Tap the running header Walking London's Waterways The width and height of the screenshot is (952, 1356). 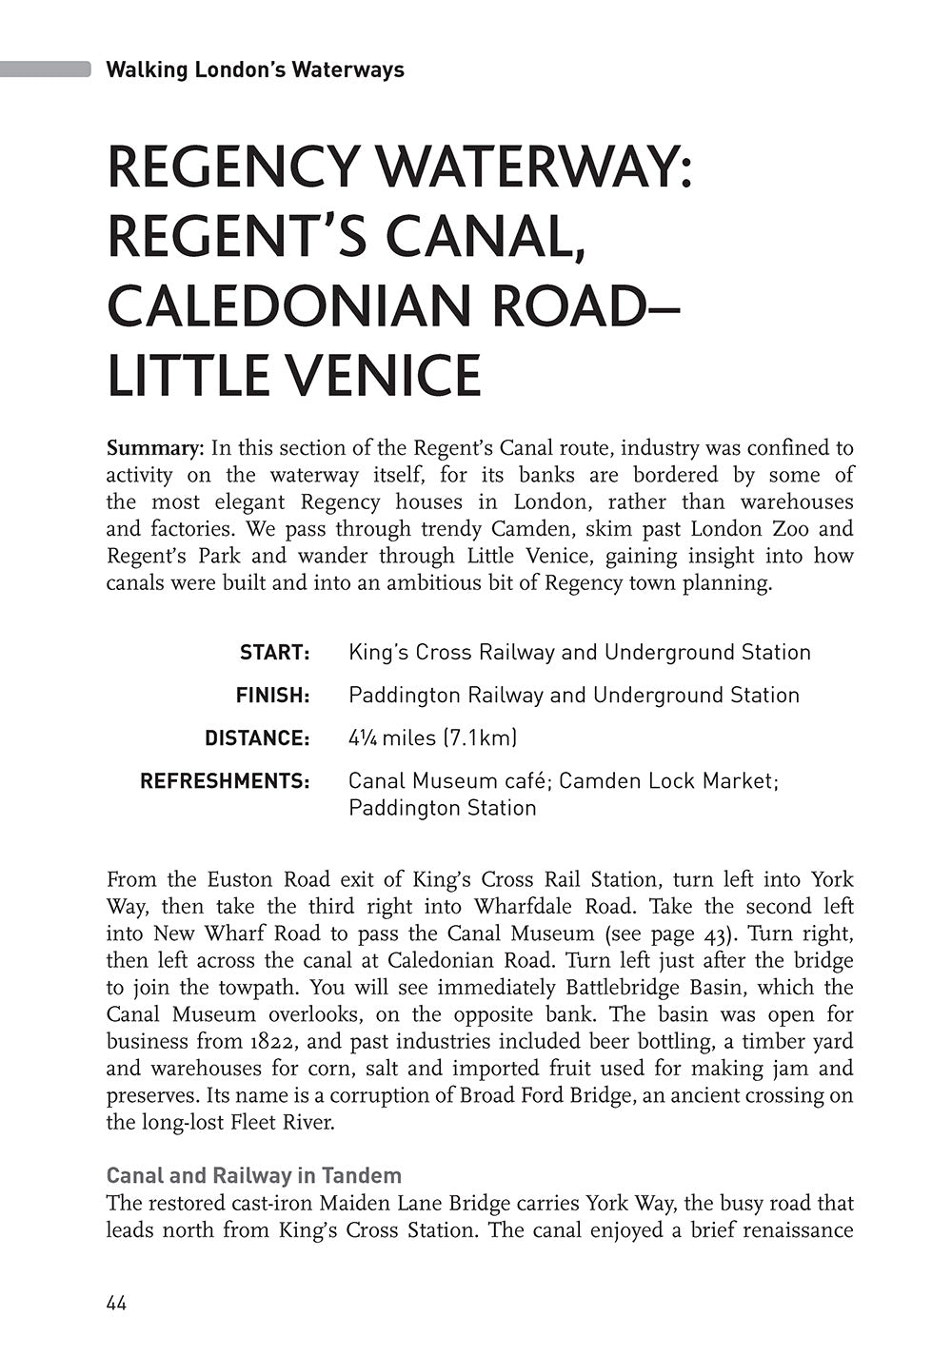[255, 69]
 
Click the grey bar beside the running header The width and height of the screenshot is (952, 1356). [46, 69]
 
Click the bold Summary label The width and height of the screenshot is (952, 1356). [155, 447]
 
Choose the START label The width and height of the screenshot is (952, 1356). [275, 653]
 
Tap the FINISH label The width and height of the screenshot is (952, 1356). [273, 696]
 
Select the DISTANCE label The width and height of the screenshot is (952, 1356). [257, 738]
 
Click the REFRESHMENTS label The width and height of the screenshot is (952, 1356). [225, 781]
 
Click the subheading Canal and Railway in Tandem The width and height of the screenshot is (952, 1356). [254, 1175]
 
